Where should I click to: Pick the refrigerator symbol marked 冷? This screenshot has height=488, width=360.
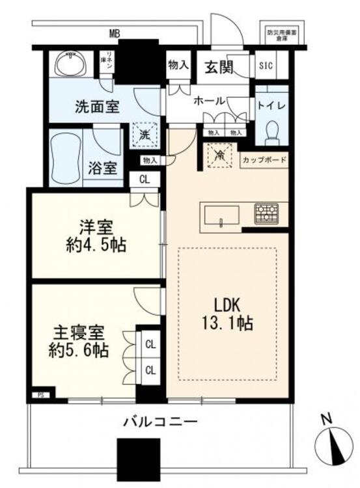point(219,156)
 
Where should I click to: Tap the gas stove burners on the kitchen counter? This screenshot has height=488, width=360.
point(266,213)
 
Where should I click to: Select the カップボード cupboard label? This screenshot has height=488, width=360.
point(264,160)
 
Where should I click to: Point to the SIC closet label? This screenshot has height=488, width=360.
point(266,65)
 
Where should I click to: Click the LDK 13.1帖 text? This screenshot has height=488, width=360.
point(227,313)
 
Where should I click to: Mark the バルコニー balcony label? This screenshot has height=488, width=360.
point(160,422)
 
